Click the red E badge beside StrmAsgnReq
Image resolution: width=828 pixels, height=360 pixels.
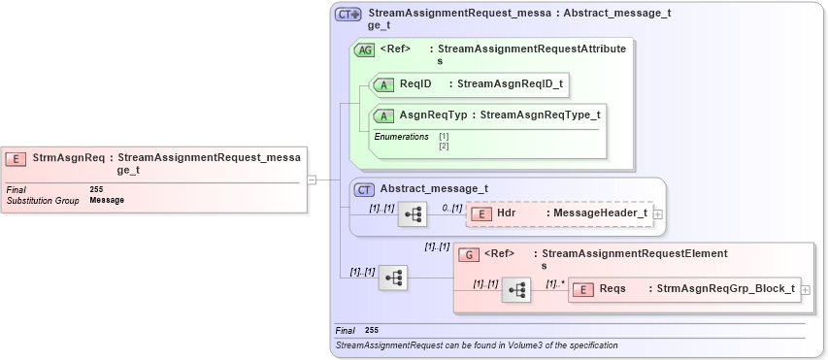click(17, 157)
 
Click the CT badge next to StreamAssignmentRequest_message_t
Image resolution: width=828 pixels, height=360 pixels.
click(348, 15)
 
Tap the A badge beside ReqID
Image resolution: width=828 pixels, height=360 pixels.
click(383, 84)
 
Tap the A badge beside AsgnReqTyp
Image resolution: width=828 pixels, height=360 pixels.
click(383, 115)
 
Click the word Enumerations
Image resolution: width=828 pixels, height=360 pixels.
click(402, 137)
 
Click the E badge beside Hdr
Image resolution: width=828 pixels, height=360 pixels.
click(480, 213)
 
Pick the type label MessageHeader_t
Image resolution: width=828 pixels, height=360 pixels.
click(597, 213)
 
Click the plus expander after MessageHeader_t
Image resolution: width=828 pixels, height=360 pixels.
click(658, 213)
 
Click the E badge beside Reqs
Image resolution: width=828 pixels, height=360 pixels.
click(582, 289)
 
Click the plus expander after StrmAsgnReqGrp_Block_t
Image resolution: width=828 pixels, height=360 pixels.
click(805, 290)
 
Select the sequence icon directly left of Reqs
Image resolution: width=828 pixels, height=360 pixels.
click(516, 289)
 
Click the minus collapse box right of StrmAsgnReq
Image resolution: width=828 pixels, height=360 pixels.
click(312, 179)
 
